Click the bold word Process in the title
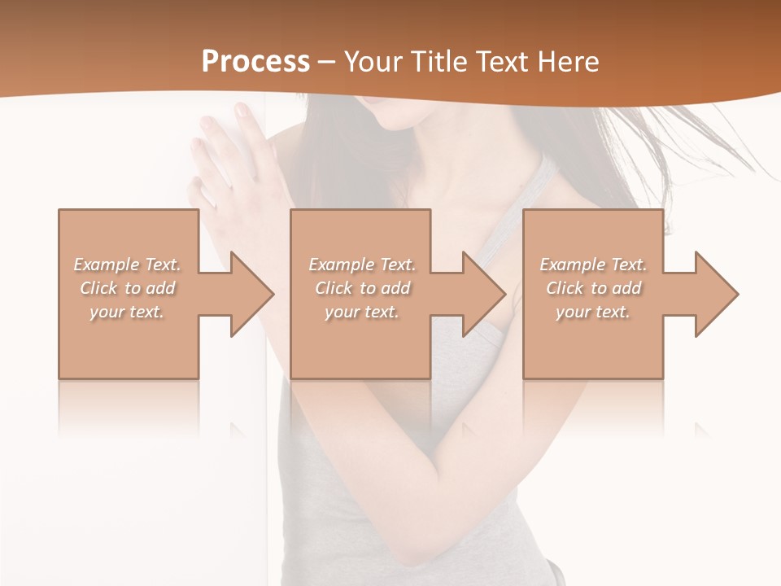click(255, 61)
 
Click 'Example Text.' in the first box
click(127, 265)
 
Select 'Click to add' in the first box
click(127, 288)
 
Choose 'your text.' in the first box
click(127, 312)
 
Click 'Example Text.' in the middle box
click(361, 265)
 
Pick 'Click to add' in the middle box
click(361, 288)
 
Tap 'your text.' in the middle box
click(361, 312)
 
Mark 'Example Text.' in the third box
click(593, 265)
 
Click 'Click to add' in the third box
click(593, 288)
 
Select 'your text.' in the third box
click(593, 312)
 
